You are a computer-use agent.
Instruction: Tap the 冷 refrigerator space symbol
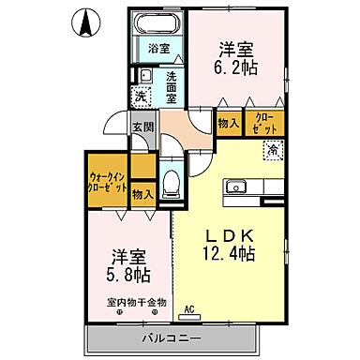(271, 148)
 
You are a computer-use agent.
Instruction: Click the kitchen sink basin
(234, 184)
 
